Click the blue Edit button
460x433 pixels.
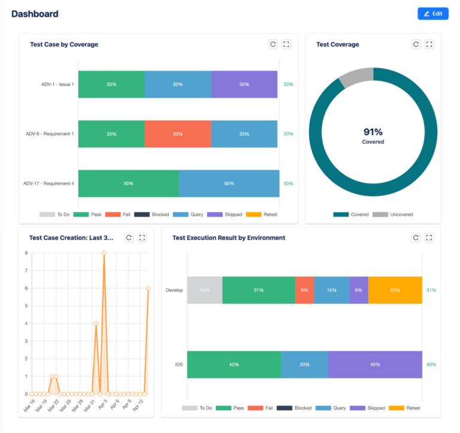coord(432,14)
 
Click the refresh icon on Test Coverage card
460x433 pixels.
coord(416,44)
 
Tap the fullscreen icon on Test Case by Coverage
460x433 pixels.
coord(286,44)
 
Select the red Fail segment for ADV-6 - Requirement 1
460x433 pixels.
coord(178,134)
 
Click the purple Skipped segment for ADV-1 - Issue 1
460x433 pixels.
coord(244,85)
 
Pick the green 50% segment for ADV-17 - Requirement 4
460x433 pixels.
coord(128,184)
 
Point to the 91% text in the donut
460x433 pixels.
coord(373,132)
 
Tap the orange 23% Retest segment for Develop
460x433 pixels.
coord(395,290)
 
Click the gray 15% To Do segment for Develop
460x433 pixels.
coord(204,290)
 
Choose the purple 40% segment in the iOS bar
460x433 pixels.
coord(375,365)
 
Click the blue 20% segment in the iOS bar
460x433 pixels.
coord(304,365)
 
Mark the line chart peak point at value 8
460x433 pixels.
coord(104,253)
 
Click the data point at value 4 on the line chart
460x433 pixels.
coord(96,324)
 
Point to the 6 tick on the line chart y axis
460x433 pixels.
coord(26,288)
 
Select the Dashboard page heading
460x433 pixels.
coord(35,14)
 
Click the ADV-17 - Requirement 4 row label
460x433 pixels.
coord(49,184)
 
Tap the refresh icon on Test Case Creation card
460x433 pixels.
coord(129,237)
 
